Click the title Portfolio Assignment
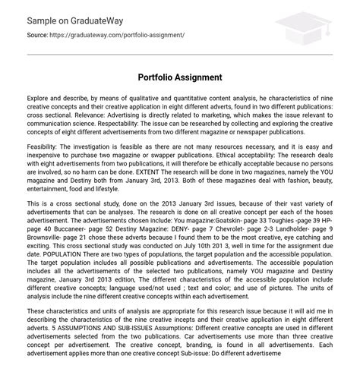coord(179,77)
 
